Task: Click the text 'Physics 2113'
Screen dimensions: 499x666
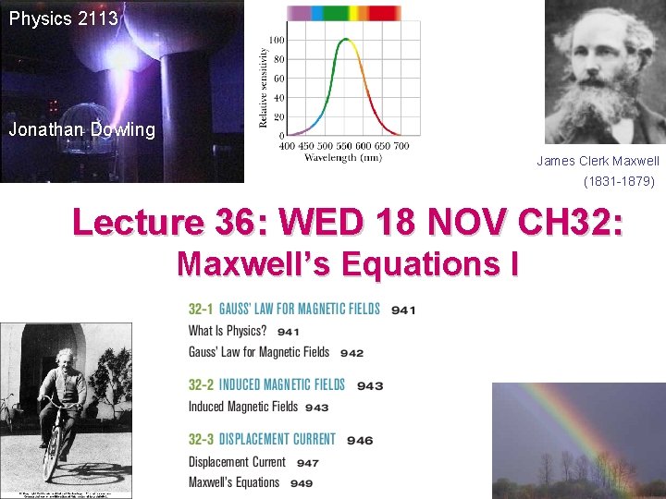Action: (x=63, y=18)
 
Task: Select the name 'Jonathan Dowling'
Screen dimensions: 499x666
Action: (x=81, y=130)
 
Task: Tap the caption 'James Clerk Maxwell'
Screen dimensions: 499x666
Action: (x=598, y=161)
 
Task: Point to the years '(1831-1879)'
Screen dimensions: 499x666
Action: (x=619, y=182)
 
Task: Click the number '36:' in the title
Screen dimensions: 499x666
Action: (x=247, y=224)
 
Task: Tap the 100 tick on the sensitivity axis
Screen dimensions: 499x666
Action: (x=277, y=40)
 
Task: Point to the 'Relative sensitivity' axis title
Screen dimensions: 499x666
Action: (x=265, y=89)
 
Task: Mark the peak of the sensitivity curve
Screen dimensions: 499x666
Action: (x=346, y=39)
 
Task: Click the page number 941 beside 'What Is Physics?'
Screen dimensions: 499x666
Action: (x=288, y=332)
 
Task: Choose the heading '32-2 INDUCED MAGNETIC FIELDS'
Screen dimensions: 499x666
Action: (x=266, y=385)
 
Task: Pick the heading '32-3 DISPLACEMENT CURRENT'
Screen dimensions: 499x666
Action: (x=262, y=440)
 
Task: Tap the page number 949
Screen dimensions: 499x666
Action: (x=302, y=483)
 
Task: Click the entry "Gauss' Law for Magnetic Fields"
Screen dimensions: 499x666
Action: (x=259, y=352)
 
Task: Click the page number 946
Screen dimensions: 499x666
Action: (x=360, y=441)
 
